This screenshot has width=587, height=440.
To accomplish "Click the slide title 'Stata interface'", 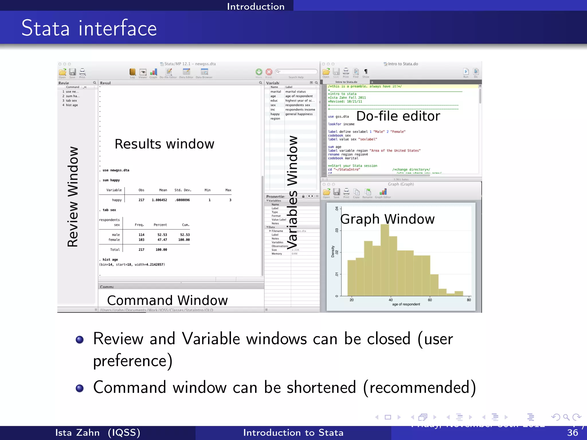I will point(89,28).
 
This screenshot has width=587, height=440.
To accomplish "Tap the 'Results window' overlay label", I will point(164,144).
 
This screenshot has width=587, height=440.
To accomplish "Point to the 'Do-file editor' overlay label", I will point(398,116).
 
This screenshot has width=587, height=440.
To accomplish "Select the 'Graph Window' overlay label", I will point(387,219).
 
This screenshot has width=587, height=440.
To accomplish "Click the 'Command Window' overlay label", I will point(167,300).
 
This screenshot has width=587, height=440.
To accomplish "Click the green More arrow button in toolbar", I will point(259,72).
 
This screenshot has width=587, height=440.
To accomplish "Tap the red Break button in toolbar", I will point(269,72).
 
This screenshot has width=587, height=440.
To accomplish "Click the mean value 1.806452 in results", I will point(159,200).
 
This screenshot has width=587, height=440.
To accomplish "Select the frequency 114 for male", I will point(141,235).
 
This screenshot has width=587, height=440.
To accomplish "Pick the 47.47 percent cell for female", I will point(162,240).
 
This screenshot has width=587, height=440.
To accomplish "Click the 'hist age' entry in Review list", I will point(72,105).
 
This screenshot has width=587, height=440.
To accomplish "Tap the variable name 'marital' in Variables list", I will point(275,92).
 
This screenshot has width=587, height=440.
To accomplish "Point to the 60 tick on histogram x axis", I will point(430,300).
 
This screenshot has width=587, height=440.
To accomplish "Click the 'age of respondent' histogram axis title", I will point(406,304).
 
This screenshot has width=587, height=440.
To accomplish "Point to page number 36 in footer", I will point(572,433).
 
